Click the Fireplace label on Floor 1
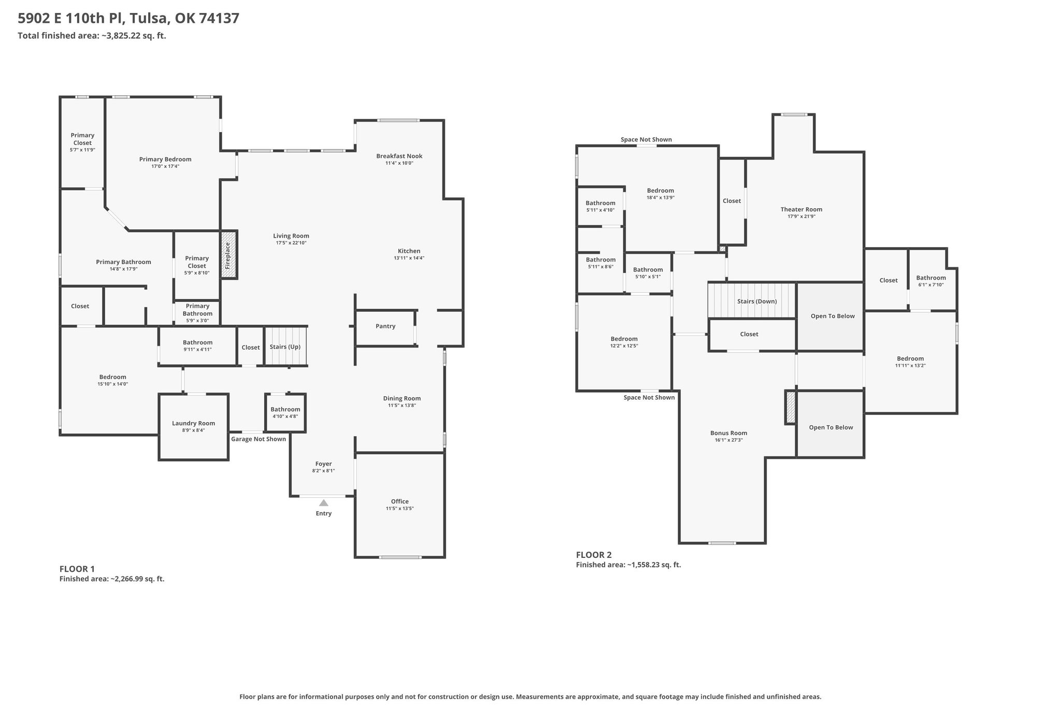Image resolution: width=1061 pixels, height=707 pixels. pyautogui.click(x=227, y=255)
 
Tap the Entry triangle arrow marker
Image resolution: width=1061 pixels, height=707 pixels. pyautogui.click(x=324, y=502)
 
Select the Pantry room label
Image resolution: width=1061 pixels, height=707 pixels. pyautogui.click(x=385, y=326)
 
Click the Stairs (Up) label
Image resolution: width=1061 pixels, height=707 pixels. pyautogui.click(x=285, y=347)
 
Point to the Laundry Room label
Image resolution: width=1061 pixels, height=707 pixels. pyautogui.click(x=193, y=423)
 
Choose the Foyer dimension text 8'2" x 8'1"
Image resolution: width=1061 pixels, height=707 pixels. pyautogui.click(x=323, y=471)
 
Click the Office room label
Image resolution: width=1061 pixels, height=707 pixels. pyautogui.click(x=400, y=501)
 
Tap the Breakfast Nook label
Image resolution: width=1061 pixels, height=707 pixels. pyautogui.click(x=399, y=156)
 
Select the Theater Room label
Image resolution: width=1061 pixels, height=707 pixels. pyautogui.click(x=801, y=209)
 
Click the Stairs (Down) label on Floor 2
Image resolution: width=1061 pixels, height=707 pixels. pyautogui.click(x=757, y=301)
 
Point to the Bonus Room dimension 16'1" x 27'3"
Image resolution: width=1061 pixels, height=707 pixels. pyautogui.click(x=729, y=440)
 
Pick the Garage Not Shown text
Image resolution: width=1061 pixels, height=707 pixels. pyautogui.click(x=259, y=439)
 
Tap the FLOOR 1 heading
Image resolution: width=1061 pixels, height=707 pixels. pyautogui.click(x=77, y=569)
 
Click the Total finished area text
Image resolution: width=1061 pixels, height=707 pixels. pyautogui.click(x=92, y=36)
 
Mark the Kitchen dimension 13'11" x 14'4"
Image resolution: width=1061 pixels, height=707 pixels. pyautogui.click(x=409, y=258)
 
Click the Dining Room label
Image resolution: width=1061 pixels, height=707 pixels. pyautogui.click(x=402, y=398)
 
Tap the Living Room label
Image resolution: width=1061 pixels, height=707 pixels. pyautogui.click(x=291, y=236)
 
